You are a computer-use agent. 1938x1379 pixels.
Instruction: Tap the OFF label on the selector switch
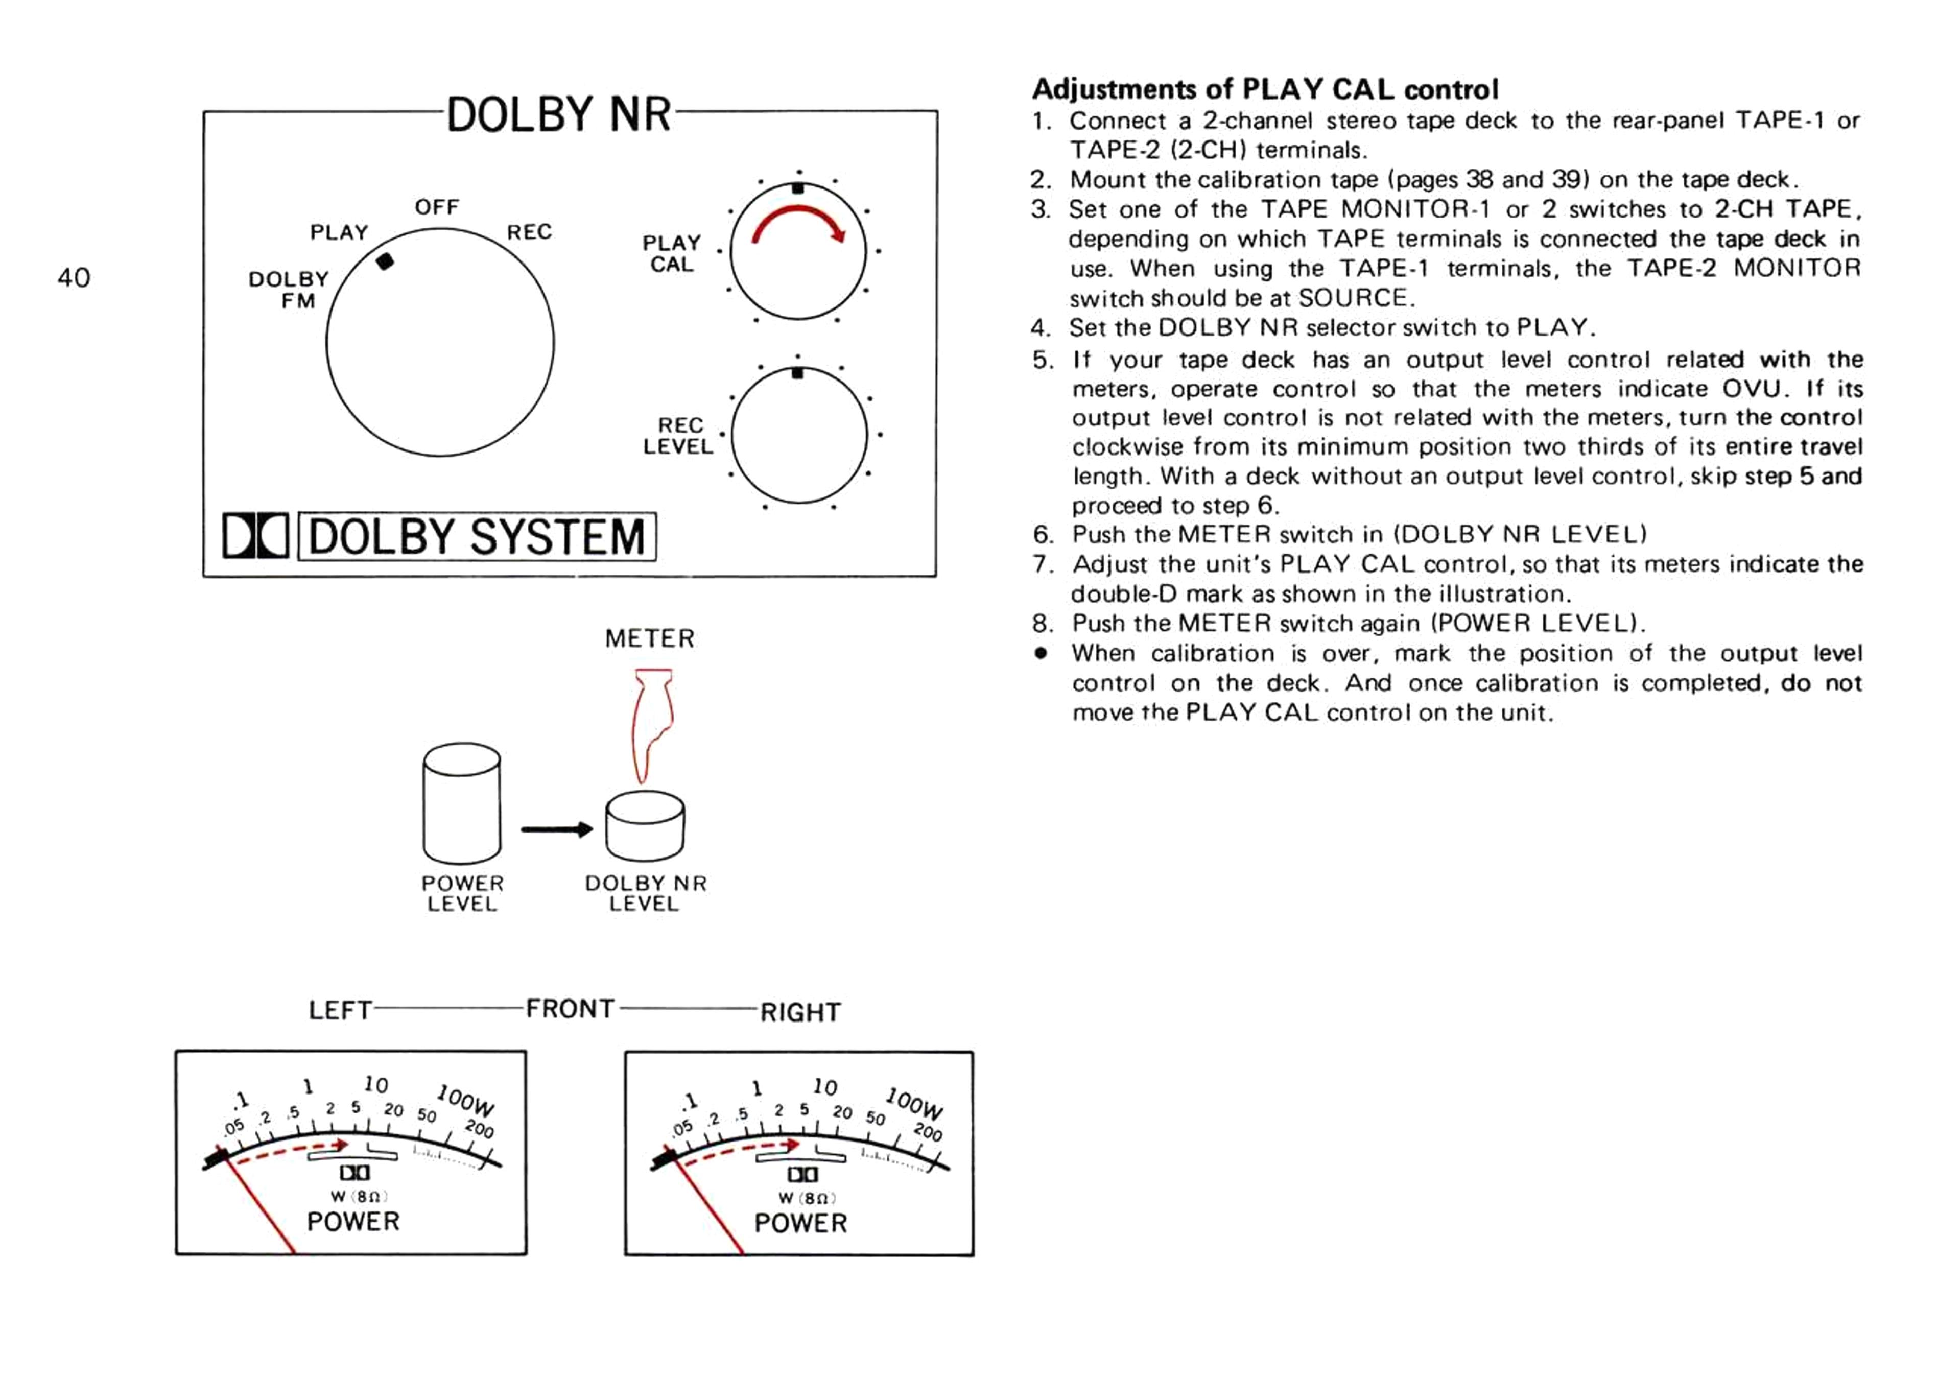437,207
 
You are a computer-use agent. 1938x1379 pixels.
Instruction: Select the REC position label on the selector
529,232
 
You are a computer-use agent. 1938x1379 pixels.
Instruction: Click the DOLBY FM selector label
288,290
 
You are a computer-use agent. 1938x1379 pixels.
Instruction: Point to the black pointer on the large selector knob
385,261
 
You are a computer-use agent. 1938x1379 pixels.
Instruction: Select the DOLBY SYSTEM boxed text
477,537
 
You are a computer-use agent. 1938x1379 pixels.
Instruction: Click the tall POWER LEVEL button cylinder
461,803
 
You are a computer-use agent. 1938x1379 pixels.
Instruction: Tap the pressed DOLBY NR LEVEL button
645,826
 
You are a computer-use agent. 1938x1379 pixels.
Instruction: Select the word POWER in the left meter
353,1221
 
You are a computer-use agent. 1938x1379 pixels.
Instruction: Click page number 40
74,278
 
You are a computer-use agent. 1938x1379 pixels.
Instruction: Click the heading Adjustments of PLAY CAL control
1265,89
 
